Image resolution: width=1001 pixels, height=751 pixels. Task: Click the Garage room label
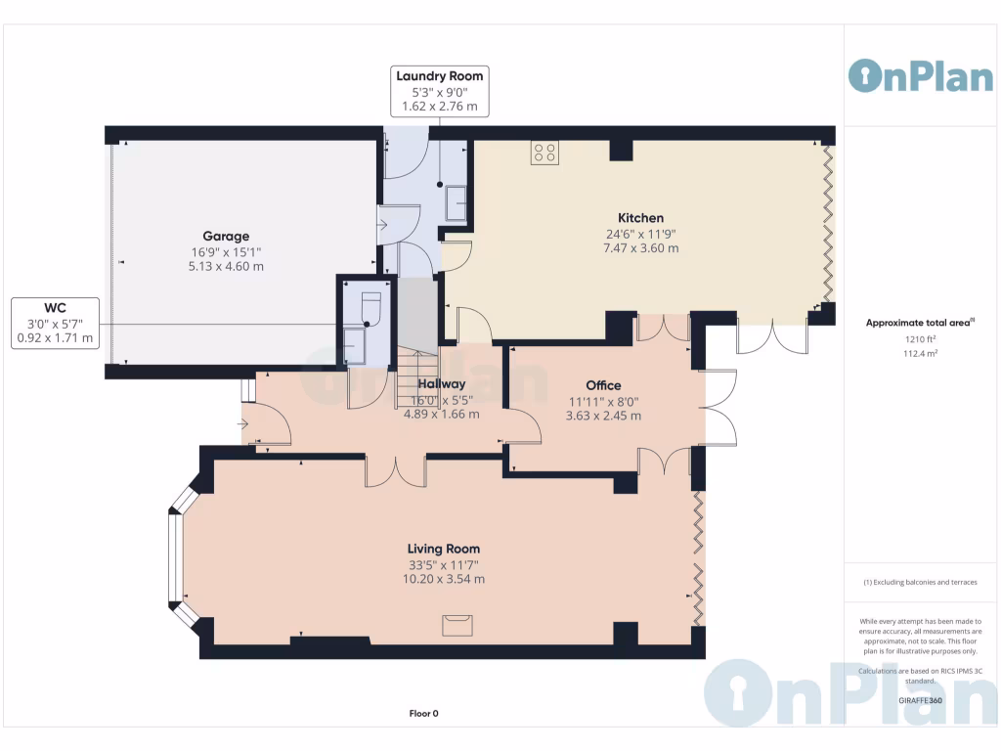coord(226,236)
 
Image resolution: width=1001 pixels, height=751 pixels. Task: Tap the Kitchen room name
coord(640,218)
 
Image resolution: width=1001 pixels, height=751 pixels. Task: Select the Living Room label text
coord(444,549)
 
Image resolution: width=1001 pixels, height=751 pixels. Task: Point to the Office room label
coord(603,385)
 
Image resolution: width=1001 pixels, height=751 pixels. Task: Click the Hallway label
coord(442,384)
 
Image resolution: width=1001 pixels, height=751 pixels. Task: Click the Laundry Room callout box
coord(439,91)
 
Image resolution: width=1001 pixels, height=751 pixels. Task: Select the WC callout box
coord(55,322)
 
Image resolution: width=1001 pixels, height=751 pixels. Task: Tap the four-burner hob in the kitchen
coord(544,152)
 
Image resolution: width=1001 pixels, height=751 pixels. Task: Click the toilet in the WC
coord(370,307)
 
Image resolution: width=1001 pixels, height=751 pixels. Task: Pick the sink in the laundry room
coord(456,204)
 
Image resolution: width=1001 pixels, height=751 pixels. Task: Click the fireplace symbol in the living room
coord(457,624)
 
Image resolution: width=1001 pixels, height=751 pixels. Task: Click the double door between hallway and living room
coord(396,471)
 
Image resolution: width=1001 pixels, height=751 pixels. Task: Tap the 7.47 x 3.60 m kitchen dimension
coord(640,248)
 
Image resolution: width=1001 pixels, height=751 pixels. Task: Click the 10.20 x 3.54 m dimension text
coord(444,579)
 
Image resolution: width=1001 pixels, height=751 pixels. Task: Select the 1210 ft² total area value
coord(920,339)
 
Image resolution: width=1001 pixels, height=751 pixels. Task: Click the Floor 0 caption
coord(423,713)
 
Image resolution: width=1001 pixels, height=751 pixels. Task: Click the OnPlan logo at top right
coord(920,75)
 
